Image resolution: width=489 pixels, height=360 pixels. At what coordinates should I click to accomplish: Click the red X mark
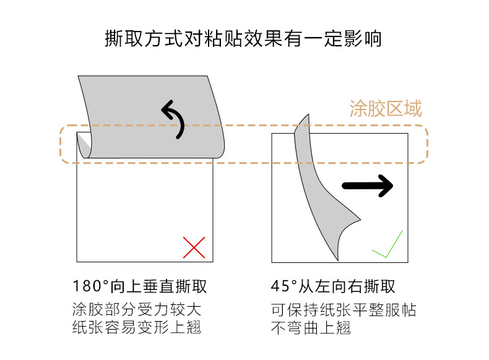point(194,247)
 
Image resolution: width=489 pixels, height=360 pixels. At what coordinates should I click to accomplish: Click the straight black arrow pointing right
point(368,185)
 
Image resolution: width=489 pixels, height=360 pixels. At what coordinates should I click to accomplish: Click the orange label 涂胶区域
point(386,109)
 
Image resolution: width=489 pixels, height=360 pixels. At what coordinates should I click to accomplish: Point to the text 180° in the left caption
point(91,287)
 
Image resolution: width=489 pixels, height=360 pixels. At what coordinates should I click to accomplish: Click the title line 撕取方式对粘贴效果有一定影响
point(244,39)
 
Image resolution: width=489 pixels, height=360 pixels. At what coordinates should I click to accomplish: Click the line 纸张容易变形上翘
point(137,327)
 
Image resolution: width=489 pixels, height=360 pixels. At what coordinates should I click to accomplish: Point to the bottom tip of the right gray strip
point(337,257)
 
